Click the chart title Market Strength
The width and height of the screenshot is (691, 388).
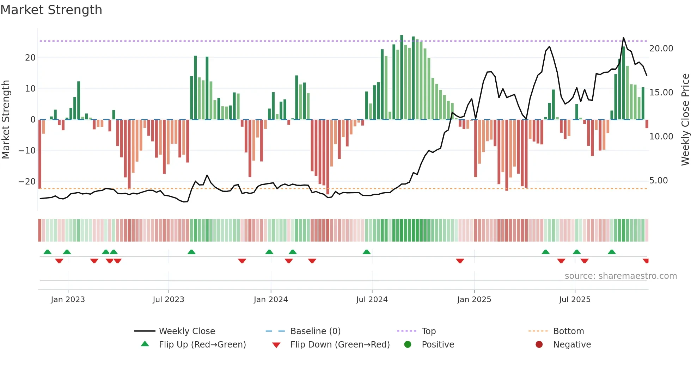pos(51,10)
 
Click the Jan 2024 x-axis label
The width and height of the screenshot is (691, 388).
pos(270,300)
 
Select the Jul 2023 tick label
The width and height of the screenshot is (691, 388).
pos(168,300)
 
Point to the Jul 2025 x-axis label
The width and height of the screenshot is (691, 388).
pos(574,300)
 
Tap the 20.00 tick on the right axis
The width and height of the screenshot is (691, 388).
pos(661,49)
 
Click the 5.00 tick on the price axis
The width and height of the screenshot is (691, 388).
pos(658,181)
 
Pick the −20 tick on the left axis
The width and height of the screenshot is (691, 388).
pos(27,182)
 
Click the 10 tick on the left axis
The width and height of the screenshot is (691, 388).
pos(30,89)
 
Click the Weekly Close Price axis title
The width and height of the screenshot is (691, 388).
pos(685,120)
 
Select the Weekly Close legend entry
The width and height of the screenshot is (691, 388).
pos(186,331)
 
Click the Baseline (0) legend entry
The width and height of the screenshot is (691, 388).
pos(315,331)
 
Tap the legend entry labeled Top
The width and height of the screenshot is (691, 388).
pos(428,331)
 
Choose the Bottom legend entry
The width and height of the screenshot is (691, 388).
pos(568,331)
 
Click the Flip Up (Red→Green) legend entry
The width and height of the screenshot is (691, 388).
pos(202,345)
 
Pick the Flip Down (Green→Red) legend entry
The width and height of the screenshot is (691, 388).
pos(340,345)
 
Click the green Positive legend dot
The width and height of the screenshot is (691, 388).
pos(408,345)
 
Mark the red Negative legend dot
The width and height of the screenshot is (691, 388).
pos(539,345)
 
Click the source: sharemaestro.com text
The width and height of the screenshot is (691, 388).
pos(620,276)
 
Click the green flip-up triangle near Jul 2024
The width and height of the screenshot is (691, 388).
pos(367,252)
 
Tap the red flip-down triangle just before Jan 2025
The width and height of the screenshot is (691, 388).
pos(460,261)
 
